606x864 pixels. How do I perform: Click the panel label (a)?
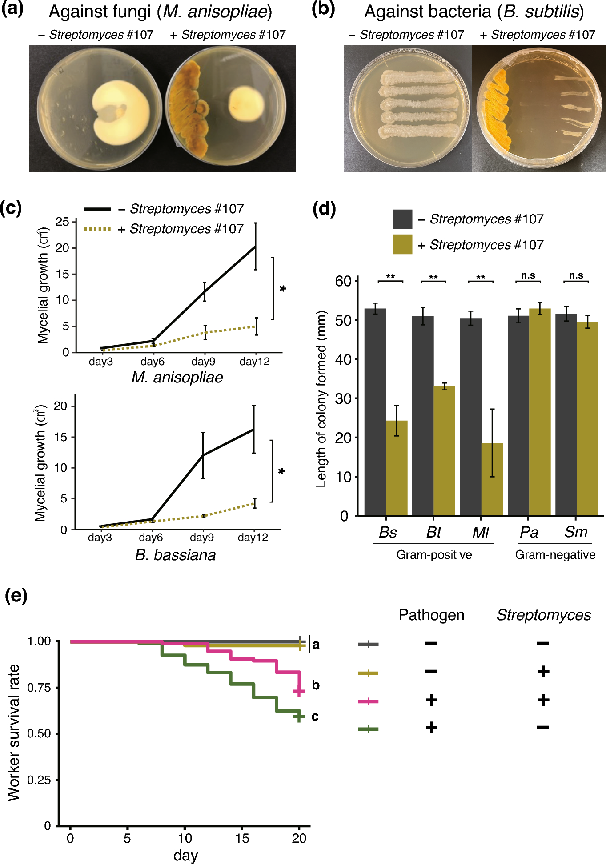point(12,9)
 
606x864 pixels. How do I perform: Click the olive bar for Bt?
point(444,450)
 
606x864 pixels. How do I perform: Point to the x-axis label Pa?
point(529,532)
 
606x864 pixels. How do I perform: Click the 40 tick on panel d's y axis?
point(344,359)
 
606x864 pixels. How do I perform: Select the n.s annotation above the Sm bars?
point(576,275)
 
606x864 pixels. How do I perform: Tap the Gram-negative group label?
point(555,555)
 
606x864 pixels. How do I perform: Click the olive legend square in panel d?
point(402,244)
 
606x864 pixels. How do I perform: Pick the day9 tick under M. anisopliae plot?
point(203,362)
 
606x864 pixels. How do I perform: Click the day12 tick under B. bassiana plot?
point(253,538)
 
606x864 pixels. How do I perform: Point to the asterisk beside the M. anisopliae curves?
point(283,289)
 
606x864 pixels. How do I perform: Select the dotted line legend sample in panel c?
point(97,229)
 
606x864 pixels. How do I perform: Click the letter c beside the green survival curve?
point(315,717)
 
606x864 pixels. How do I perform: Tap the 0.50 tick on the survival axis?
point(39,733)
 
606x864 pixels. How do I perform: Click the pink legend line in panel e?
point(368,701)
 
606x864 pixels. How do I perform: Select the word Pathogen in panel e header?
point(431,615)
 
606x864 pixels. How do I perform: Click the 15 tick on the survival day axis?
point(242,838)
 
